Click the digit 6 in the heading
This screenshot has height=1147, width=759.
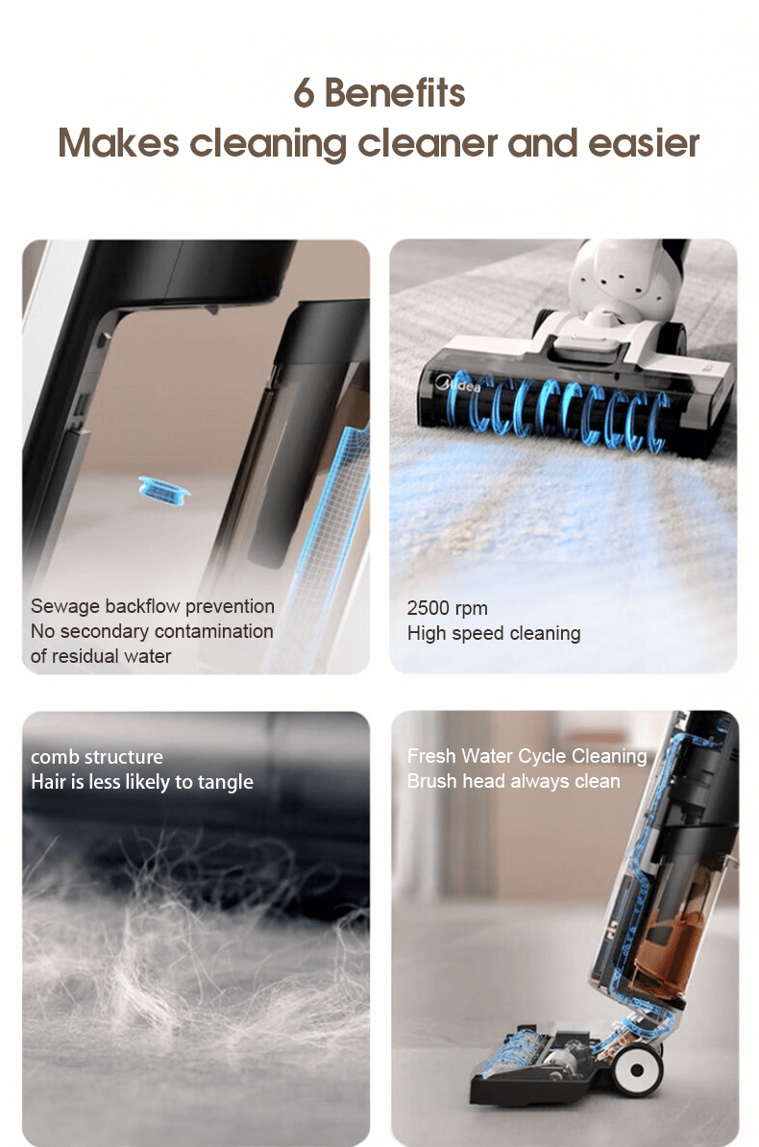[303, 93]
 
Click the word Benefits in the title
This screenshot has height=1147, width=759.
[395, 93]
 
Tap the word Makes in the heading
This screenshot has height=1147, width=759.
[118, 142]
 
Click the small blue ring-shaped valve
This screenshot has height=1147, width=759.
[164, 489]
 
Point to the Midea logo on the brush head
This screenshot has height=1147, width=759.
[459, 382]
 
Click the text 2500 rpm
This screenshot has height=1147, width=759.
[447, 608]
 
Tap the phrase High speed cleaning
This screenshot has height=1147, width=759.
[494, 633]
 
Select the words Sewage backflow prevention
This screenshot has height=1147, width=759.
[152, 606]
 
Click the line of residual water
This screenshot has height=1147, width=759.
[101, 656]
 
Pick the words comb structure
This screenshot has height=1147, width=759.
[97, 756]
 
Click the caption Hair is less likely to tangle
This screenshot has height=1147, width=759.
[142, 782]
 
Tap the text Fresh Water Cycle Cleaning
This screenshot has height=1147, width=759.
[527, 756]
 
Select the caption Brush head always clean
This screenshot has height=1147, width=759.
[514, 781]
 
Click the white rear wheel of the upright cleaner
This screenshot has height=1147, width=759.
[637, 1069]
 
